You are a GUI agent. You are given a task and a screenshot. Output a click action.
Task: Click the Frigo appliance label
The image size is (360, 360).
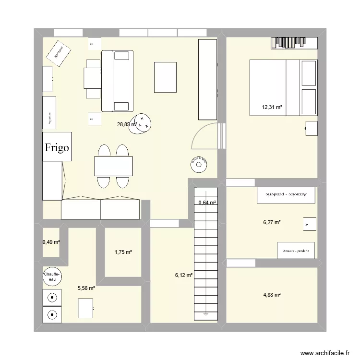(x=58, y=147)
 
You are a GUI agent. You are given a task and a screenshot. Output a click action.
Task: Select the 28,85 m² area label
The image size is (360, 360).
(x=127, y=124)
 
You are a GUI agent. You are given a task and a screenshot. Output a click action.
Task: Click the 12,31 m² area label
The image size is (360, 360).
(x=272, y=107)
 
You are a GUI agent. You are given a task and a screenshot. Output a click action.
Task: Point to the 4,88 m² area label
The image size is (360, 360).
(x=271, y=295)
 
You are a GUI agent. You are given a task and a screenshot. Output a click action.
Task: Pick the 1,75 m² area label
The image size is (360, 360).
(x=123, y=252)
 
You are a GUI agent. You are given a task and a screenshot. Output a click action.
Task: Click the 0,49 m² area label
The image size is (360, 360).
(x=51, y=242)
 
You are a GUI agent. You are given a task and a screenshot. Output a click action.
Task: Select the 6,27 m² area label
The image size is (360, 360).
(x=272, y=222)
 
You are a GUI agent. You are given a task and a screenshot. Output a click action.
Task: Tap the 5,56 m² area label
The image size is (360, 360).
(x=86, y=288)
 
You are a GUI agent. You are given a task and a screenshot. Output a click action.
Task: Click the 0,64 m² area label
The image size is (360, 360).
(x=207, y=203)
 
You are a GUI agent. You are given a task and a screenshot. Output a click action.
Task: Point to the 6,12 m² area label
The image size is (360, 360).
(x=184, y=275)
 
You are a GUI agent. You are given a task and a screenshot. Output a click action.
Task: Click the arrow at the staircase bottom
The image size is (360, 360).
(x=206, y=314)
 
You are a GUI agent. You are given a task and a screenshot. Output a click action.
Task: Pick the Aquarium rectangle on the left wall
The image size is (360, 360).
(x=49, y=113)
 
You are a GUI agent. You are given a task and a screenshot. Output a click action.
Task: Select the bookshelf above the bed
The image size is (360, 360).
(x=294, y=43)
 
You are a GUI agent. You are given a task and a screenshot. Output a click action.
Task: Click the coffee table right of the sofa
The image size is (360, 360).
(x=166, y=77)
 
